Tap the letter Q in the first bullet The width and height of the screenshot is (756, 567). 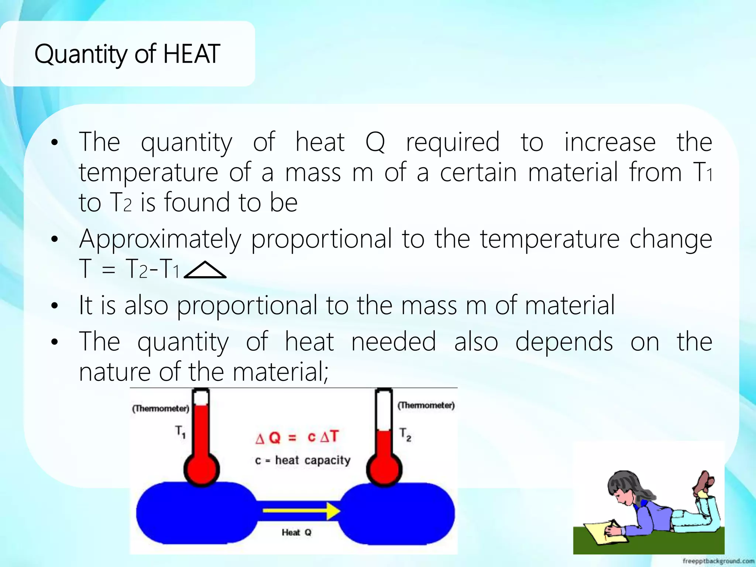tap(375, 142)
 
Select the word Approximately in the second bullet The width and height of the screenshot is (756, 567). tap(160, 239)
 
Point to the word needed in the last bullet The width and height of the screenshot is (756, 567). tap(394, 341)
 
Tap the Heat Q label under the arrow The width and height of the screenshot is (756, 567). tap(296, 532)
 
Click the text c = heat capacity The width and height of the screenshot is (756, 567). tap(303, 460)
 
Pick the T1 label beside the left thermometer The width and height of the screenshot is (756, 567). tap(180, 431)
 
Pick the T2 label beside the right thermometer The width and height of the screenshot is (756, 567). tap(405, 434)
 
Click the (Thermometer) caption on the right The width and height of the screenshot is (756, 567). tap(426, 405)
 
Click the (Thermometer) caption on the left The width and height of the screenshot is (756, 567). tap(161, 408)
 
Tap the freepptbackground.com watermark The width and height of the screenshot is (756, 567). tap(718, 561)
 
